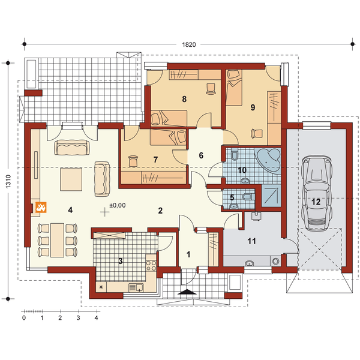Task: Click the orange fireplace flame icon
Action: (41, 208)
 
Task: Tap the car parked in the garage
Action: (317, 193)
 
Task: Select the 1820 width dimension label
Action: (189, 44)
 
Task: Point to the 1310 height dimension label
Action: (8, 182)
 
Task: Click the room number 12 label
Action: (316, 202)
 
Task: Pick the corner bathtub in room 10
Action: (268, 160)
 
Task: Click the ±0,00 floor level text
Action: (118, 205)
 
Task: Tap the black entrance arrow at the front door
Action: (187, 292)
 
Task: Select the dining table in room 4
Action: (57, 240)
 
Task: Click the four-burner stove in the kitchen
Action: (151, 265)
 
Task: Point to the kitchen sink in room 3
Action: (136, 287)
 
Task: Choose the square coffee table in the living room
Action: (71, 179)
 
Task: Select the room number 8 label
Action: (184, 99)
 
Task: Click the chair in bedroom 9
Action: (257, 133)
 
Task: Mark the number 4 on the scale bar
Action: (97, 318)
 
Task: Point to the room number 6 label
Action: (201, 155)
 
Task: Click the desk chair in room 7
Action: (133, 161)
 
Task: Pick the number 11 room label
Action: (251, 241)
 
